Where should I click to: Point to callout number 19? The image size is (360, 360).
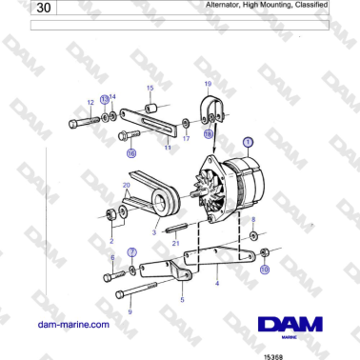209,85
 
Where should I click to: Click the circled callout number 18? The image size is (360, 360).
208,134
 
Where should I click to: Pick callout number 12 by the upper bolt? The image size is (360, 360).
90,101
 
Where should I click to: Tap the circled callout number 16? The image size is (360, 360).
131,151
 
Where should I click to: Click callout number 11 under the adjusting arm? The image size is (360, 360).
168,148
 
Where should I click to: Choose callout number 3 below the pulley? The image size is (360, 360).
127,231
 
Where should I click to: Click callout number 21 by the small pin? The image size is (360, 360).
174,243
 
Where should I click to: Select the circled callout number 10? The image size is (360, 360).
265,270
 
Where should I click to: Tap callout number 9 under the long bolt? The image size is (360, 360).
130,311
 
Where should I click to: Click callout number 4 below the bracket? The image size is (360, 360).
218,283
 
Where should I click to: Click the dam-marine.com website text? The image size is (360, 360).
73,325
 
